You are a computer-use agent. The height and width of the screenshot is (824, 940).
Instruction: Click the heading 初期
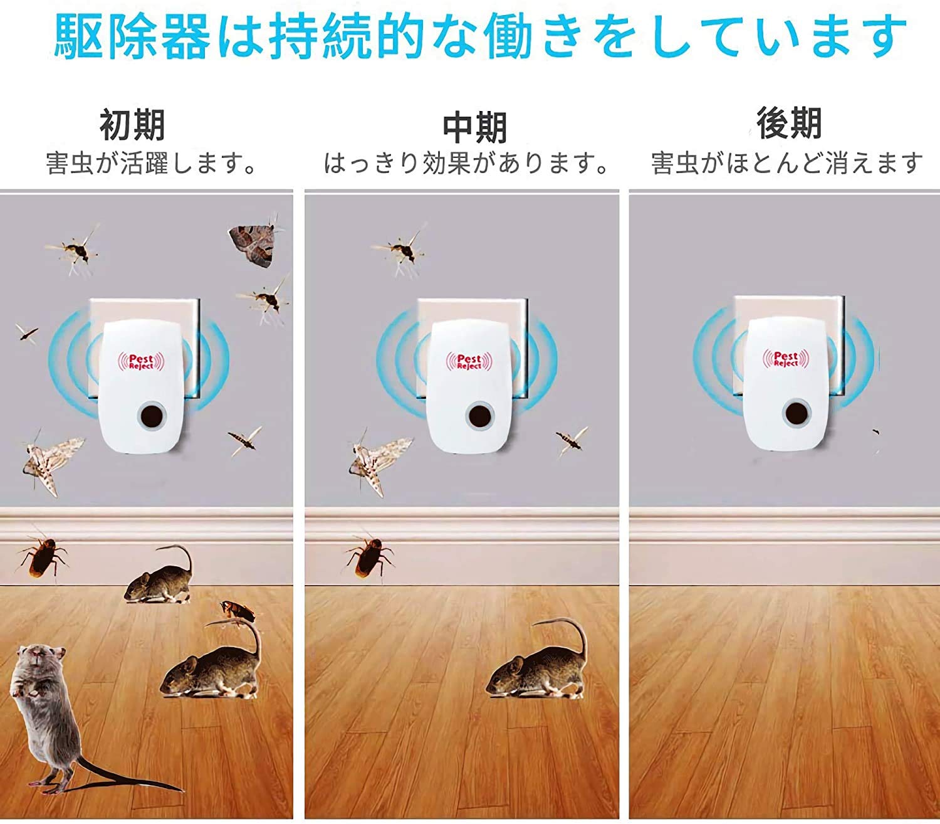(132, 125)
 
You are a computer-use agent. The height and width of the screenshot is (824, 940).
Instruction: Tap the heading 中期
(474, 128)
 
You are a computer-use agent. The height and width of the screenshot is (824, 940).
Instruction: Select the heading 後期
(789, 123)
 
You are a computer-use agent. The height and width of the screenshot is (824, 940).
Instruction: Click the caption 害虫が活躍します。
(151, 164)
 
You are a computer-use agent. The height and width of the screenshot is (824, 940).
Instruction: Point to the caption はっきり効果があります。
(467, 164)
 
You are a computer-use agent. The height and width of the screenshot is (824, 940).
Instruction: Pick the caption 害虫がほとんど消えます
(786, 164)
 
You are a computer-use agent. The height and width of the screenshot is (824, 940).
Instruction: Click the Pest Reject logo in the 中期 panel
(469, 361)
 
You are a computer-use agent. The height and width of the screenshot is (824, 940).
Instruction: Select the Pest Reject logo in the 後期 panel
(786, 359)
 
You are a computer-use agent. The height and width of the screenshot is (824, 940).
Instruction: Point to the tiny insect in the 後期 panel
(875, 432)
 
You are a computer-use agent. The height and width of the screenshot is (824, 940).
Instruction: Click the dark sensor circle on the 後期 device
(796, 413)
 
